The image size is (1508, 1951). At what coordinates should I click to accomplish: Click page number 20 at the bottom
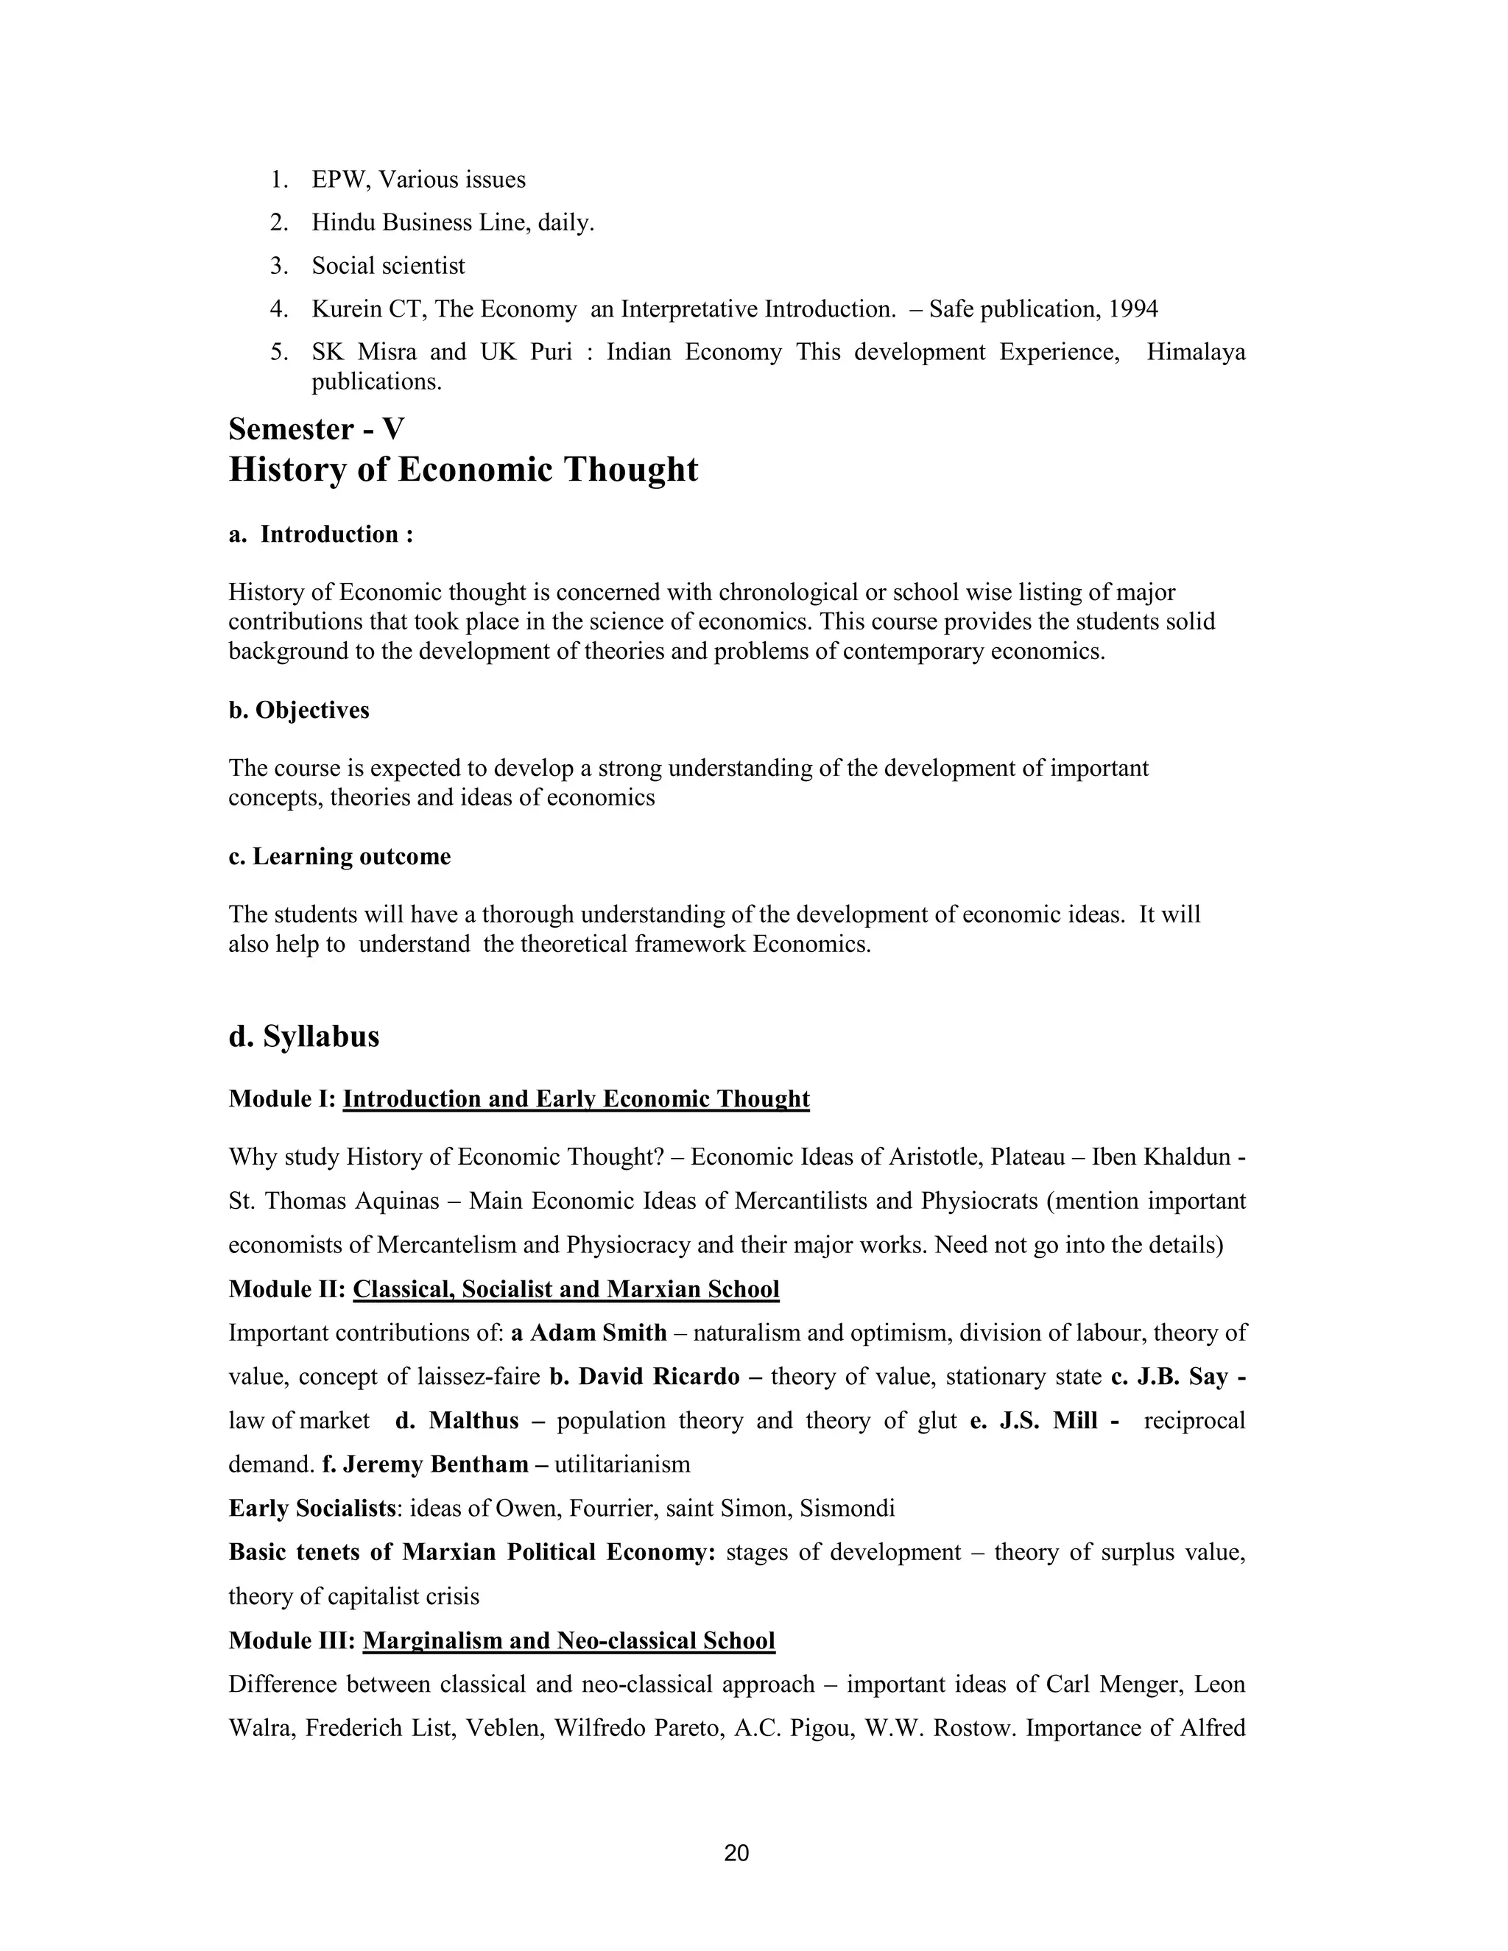tap(736, 1853)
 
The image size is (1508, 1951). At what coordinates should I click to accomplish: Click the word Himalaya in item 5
tap(1195, 352)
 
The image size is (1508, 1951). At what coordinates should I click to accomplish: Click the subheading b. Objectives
tap(298, 710)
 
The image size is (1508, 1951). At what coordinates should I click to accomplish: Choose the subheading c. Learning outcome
tap(339, 857)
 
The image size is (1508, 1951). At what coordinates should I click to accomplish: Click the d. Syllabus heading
tap(304, 1037)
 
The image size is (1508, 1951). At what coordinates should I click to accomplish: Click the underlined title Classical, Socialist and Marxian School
tap(565, 1289)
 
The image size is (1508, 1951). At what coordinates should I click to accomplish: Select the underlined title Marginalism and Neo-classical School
tap(568, 1641)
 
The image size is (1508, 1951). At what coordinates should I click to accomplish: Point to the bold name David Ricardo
tap(658, 1377)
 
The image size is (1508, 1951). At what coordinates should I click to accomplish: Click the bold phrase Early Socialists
tap(311, 1509)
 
